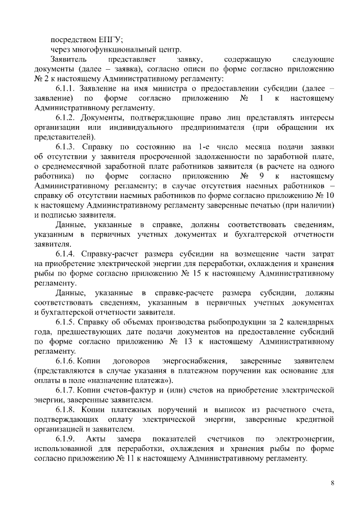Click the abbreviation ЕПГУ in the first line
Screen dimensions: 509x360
[110, 39]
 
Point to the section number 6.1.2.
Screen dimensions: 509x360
[66, 118]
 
